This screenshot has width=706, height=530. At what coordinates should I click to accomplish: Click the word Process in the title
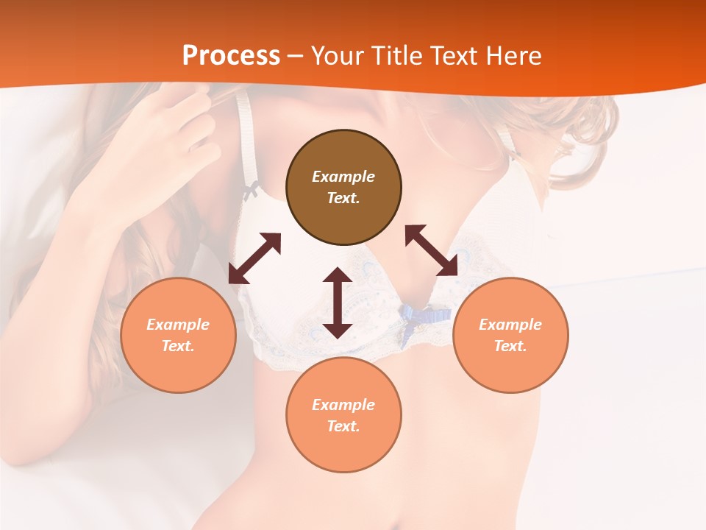pyautogui.click(x=231, y=56)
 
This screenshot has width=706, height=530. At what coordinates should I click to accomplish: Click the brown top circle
pyautogui.click(x=343, y=187)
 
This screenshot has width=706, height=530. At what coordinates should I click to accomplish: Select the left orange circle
pyautogui.click(x=178, y=335)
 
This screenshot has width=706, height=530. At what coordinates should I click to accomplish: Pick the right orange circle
pyautogui.click(x=510, y=335)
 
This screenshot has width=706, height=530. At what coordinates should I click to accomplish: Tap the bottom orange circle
pyautogui.click(x=343, y=414)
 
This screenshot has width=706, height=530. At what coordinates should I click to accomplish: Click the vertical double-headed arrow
pyautogui.click(x=338, y=303)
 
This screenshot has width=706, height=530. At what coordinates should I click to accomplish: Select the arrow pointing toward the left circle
pyautogui.click(x=254, y=258)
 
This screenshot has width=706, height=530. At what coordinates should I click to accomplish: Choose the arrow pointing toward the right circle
pyautogui.click(x=432, y=250)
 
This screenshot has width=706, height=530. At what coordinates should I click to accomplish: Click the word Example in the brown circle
pyautogui.click(x=343, y=177)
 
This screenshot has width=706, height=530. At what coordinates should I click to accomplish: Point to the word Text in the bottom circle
pyautogui.click(x=343, y=426)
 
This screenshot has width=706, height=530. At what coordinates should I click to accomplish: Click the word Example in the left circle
pyautogui.click(x=178, y=325)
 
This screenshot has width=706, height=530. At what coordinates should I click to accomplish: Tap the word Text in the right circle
pyautogui.click(x=510, y=346)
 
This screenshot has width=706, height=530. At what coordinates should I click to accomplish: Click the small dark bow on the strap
pyautogui.click(x=251, y=191)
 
